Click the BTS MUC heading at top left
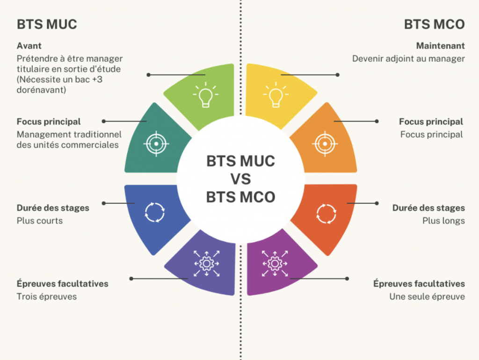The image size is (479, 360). coord(47,24)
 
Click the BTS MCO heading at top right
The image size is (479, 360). coord(434,24)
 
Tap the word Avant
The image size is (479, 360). coord(29,46)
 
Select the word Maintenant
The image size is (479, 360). coord(440,46)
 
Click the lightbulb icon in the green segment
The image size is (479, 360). coord(206,94)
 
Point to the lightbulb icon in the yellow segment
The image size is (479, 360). coord(276,94)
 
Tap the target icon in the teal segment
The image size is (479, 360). coord(156,144)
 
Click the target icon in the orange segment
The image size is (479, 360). coord(325,144)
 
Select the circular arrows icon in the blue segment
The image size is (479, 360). coord(154,213)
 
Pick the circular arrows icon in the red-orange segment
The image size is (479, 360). coord(326,214)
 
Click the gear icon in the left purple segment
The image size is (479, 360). coord(207,264)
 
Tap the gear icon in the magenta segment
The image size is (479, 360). coord(275,264)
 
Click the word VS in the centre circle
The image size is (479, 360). coord(241,179)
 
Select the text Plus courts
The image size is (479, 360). coord(40,221)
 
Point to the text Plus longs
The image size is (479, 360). coord(443,221)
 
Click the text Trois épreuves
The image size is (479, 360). coord(47,296)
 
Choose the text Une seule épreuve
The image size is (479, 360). coord(427,296)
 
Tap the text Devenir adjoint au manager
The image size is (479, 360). coord(408,58)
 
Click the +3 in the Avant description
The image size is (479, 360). coord(97,79)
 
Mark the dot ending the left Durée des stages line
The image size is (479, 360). coord(104,203)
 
